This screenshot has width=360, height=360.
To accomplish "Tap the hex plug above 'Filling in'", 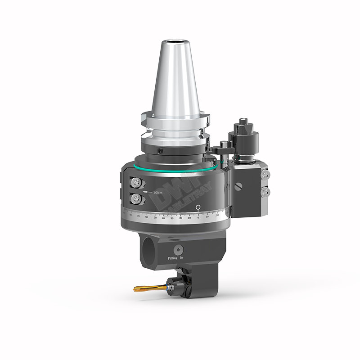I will [179, 250].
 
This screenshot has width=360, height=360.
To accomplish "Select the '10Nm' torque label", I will [157, 193].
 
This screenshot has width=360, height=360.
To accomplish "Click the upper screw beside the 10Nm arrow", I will [135, 182].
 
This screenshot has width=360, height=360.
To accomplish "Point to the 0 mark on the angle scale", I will [198, 218].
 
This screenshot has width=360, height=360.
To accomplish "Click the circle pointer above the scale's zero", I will [198, 207].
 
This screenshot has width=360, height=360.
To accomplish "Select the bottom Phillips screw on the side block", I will [266, 192].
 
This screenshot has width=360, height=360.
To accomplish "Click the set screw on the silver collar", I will [161, 150].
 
